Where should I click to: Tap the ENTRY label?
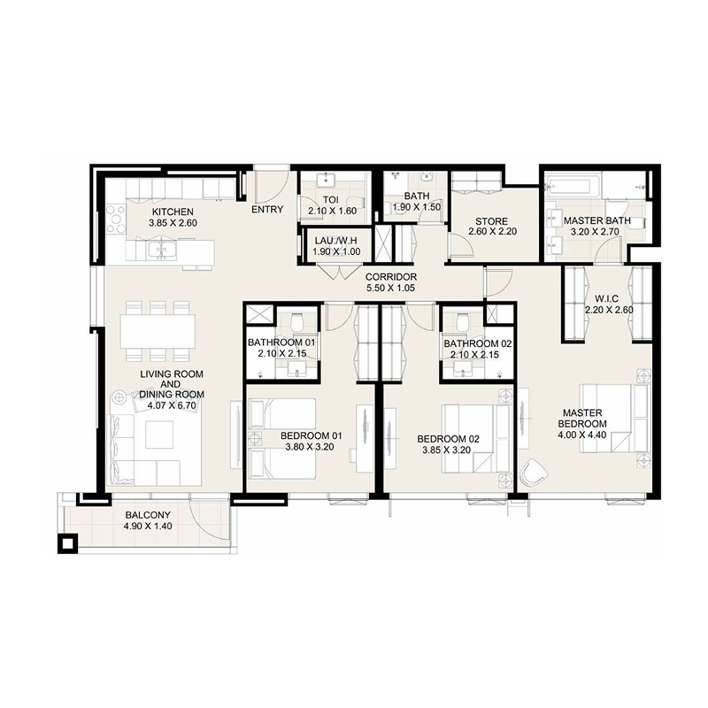click(x=267, y=211)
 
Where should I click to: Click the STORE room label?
click(x=489, y=221)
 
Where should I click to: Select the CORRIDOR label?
click(x=390, y=276)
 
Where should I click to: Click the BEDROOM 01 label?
click(x=311, y=435)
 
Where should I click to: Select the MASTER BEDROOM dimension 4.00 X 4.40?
click(x=581, y=435)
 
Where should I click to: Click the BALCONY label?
click(x=148, y=515)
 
